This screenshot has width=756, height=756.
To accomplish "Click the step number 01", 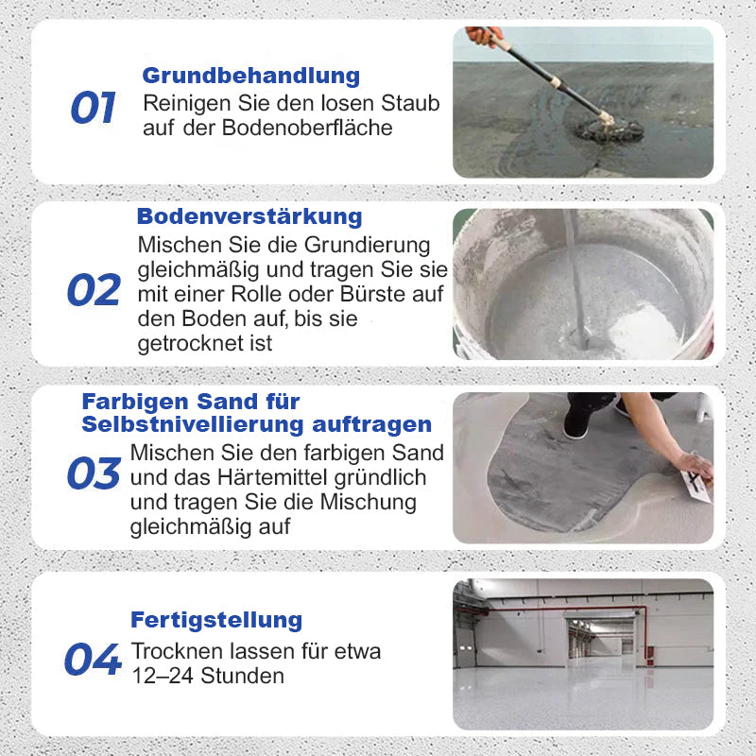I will [x=93, y=108].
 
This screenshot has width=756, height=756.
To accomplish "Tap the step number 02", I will [x=94, y=290].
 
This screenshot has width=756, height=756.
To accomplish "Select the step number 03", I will [x=94, y=473].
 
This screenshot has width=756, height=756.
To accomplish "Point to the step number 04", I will [x=93, y=660].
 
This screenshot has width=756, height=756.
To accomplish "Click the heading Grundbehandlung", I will [x=250, y=76].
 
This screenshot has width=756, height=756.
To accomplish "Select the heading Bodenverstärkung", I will [x=249, y=216].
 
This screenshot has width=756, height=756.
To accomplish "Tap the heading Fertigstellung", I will [x=216, y=621].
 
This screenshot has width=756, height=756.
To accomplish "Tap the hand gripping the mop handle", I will [x=483, y=37].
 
